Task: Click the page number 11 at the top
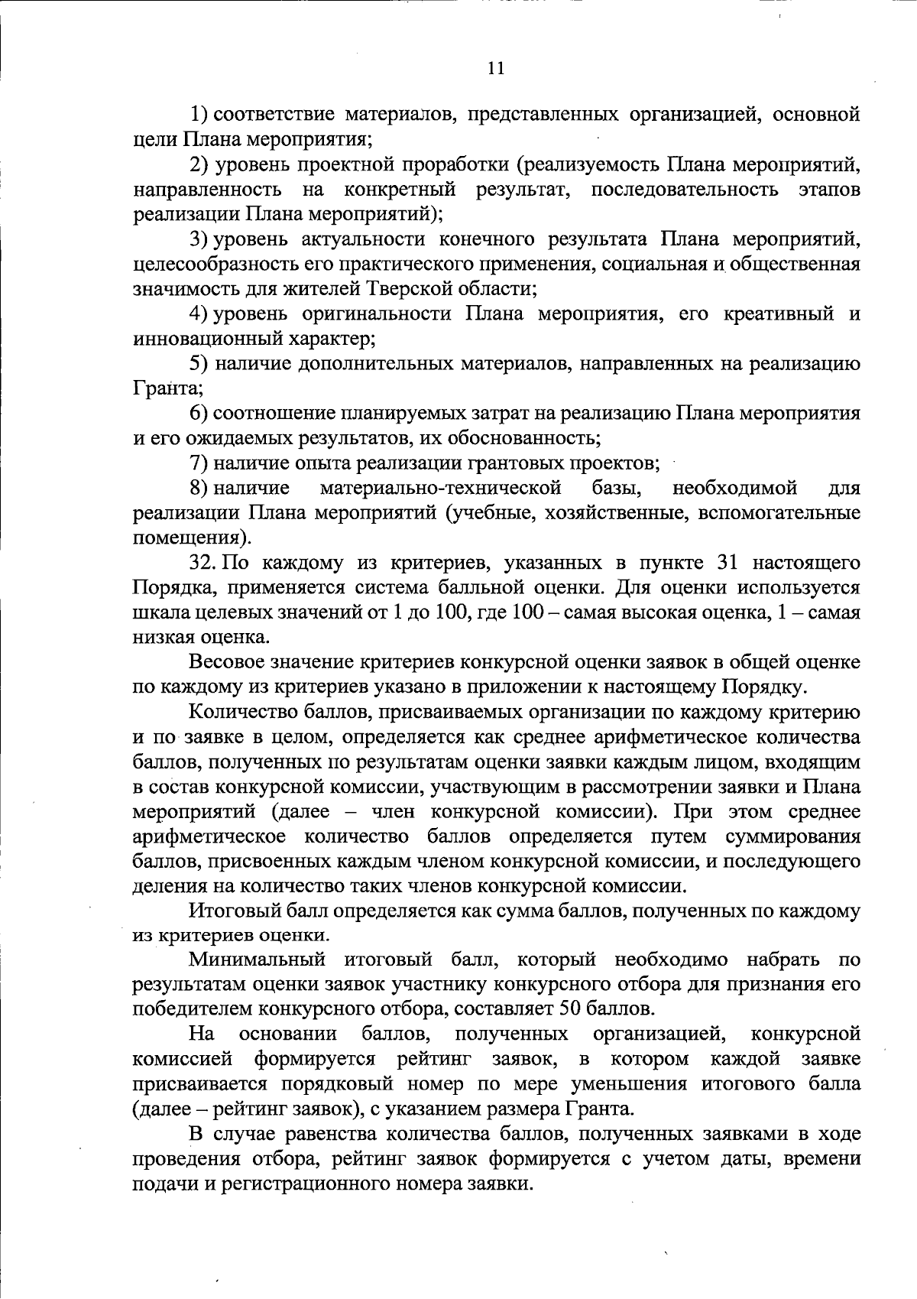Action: pos(495,68)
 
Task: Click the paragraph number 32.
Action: pos(204,563)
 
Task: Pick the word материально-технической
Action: pos(441,488)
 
